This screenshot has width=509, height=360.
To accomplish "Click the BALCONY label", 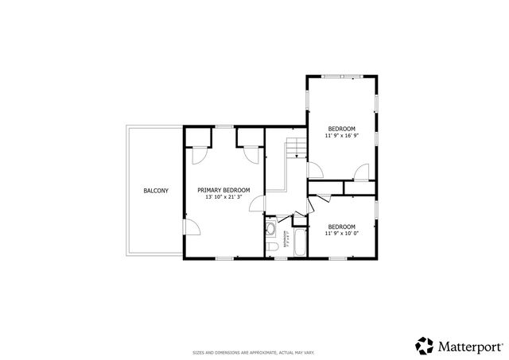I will [x=156, y=191].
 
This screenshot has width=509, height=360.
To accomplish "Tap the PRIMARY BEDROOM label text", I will [x=223, y=190].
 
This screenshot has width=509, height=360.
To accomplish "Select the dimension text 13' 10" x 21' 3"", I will [x=223, y=197].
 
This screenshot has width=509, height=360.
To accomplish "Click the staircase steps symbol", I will [x=297, y=147].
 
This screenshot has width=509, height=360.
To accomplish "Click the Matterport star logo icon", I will [x=423, y=345].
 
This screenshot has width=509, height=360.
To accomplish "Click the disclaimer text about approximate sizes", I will [x=254, y=351].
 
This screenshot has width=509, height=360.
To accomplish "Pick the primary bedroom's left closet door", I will [x=200, y=155].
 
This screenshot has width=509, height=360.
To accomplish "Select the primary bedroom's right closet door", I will [x=253, y=155].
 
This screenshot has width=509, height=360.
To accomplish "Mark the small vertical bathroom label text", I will [x=285, y=238].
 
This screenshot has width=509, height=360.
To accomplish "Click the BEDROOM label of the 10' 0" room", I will [x=341, y=226].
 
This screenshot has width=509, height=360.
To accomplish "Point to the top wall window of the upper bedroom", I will [x=341, y=76].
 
